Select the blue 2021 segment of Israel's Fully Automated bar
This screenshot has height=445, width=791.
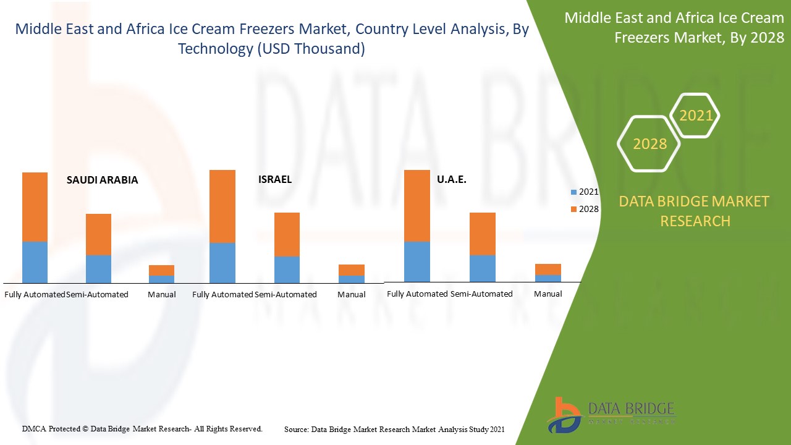222,263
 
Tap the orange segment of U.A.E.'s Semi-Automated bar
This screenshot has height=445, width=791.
482,234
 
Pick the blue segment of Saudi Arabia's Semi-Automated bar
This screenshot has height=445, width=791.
98,269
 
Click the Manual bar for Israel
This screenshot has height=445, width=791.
352,274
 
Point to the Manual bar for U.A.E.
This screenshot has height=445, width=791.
548,273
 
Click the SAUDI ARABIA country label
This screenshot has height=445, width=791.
102,180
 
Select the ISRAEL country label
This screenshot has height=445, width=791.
275,179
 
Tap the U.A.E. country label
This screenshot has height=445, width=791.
452,179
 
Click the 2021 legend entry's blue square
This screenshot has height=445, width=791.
573,192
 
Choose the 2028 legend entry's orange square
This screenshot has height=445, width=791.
573,209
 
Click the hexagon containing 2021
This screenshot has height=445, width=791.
696,116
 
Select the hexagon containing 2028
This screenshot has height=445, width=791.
649,144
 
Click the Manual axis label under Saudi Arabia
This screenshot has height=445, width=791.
162,295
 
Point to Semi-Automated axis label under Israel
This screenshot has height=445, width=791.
286,295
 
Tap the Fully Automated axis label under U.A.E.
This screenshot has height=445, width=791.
417,294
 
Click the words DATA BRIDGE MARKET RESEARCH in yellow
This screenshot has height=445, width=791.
695,211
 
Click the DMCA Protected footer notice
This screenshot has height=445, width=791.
142,428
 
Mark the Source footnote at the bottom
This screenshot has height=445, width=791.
394,429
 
